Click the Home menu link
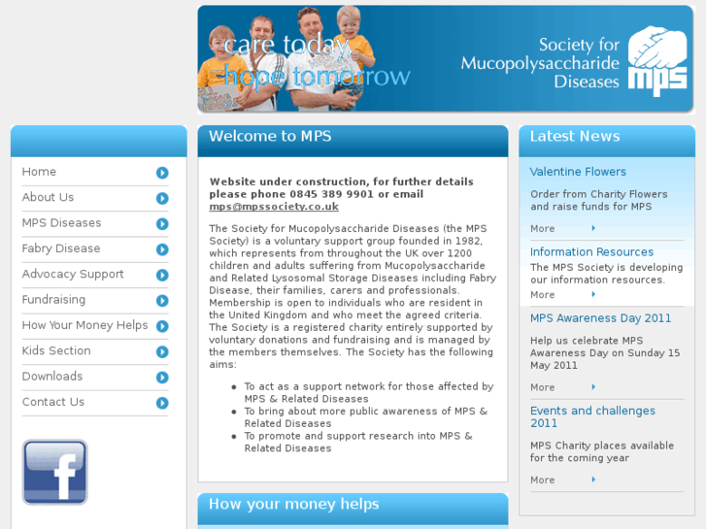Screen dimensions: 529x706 click(40, 172)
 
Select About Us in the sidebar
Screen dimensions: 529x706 click(48, 197)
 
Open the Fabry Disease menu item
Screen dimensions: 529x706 click(61, 248)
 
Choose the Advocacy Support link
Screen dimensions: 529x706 click(73, 274)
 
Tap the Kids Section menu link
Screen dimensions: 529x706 click(56, 350)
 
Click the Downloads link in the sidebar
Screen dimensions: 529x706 click(52, 377)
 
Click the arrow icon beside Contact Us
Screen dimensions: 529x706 click(162, 403)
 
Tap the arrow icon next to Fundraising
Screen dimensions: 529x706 click(162, 301)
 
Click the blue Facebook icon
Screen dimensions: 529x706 click(55, 472)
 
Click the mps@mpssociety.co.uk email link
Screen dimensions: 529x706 click(274, 207)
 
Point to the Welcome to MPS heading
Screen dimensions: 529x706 click(270, 137)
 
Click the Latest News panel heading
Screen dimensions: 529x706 click(575, 137)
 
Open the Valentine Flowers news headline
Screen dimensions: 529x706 click(578, 172)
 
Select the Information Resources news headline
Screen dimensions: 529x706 click(591, 252)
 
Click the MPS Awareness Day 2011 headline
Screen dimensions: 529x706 click(600, 318)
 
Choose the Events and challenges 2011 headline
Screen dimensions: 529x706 click(592, 416)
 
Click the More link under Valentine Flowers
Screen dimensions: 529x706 click(543, 229)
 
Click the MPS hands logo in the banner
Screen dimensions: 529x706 click(657, 60)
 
